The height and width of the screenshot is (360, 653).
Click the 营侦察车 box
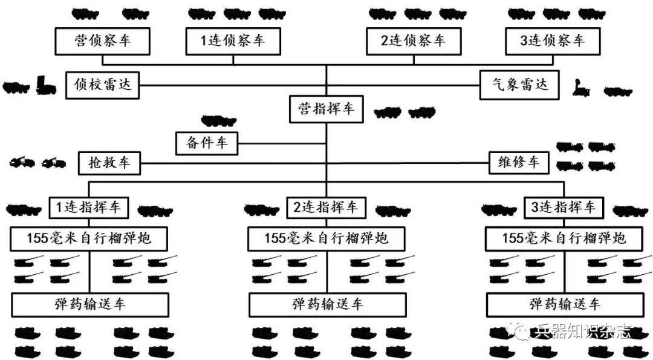102,41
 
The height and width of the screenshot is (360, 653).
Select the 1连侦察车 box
233,41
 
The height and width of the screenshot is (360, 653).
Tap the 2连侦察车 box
414,41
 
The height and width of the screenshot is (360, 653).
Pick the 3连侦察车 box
553,41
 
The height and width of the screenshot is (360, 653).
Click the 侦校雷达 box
102,85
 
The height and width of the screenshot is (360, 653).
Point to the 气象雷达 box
516,85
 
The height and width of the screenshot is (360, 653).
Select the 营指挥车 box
326,110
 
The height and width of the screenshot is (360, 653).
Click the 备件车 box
206,143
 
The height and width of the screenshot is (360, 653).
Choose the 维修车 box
518,163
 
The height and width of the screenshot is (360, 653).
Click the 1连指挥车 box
89,208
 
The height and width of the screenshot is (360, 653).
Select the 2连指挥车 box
326,208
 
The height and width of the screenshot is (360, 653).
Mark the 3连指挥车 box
564,208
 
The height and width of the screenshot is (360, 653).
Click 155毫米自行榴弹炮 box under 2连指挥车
326,238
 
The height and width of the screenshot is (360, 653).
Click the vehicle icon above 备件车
218,120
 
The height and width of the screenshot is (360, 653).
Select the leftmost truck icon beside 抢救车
22,162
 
